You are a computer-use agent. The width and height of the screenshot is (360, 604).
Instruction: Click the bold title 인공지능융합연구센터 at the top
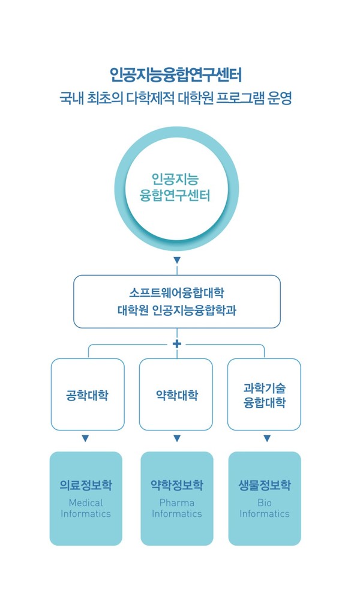tap(176, 74)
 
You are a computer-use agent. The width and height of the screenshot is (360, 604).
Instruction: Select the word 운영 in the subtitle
tap(280, 98)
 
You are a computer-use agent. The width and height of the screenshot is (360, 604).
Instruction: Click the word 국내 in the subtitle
tap(71, 98)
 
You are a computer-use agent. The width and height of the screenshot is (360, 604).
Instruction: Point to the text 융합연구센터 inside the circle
tap(175, 196)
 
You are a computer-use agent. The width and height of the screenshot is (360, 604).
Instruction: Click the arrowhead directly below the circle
tap(177, 261)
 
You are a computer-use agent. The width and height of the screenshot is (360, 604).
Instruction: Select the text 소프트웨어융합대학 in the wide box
tap(176, 293)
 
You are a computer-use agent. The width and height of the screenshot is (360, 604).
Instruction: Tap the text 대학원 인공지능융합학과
tap(177, 310)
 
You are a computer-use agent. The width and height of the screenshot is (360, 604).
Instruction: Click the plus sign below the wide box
tap(177, 343)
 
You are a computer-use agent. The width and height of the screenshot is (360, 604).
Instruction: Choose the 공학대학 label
tap(88, 395)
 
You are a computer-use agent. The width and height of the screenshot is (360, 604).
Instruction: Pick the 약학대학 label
tap(177, 395)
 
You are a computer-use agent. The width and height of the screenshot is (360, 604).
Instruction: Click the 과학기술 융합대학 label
tap(265, 395)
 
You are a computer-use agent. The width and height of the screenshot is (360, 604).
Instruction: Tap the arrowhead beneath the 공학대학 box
tap(85, 438)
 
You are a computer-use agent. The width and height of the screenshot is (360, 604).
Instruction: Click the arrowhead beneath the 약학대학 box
tap(177, 438)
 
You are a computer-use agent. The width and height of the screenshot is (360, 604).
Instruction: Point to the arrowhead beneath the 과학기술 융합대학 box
tap(267, 438)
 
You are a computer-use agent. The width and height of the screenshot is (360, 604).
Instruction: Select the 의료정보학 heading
tap(86, 485)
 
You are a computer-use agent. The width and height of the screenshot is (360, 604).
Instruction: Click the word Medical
tap(86, 503)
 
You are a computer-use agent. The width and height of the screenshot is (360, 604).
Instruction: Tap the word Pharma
tap(177, 503)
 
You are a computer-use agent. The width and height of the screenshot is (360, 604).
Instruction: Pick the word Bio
tap(265, 503)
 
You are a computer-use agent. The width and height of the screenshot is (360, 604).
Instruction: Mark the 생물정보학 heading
tap(265, 485)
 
